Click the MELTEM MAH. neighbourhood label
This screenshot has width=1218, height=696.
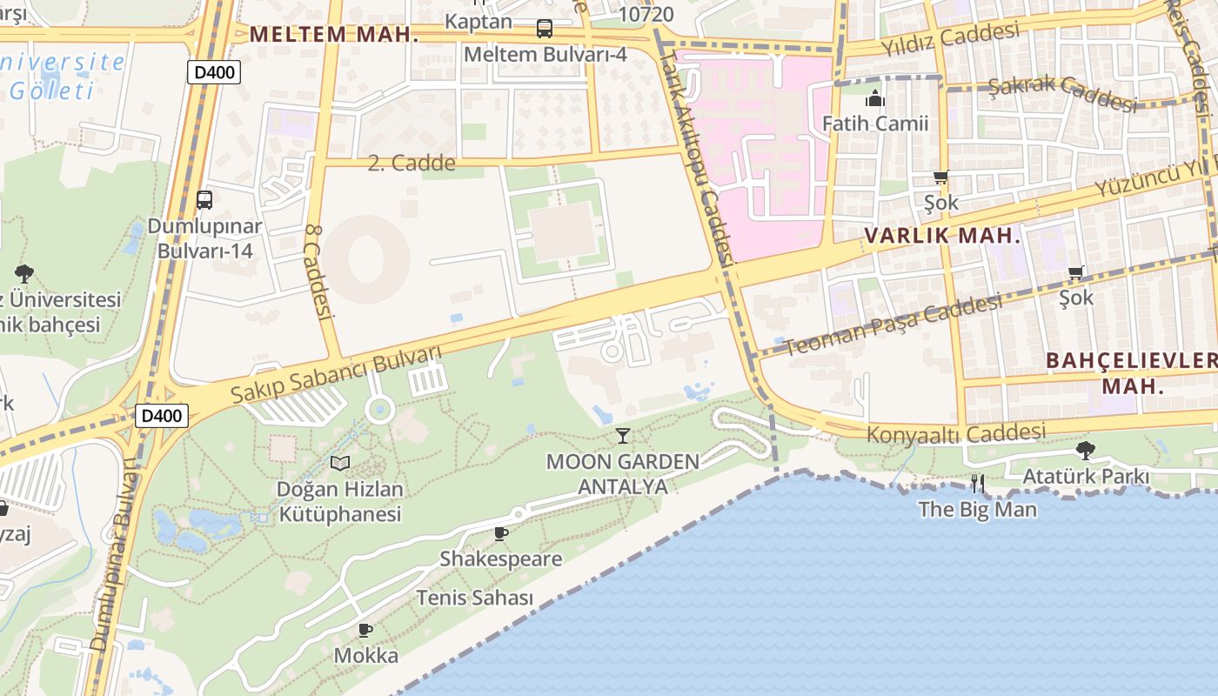[x=334, y=35]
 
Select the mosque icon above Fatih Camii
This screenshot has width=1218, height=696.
[x=874, y=99]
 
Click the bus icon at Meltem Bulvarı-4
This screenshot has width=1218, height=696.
[x=545, y=29]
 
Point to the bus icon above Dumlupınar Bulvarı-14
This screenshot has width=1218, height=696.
[x=204, y=200]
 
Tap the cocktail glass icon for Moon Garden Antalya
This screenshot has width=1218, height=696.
[x=622, y=435]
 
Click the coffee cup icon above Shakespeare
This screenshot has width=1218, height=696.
[x=500, y=533]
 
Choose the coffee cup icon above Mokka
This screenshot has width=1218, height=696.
[x=365, y=630]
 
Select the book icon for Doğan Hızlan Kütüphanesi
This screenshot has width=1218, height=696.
[x=339, y=463]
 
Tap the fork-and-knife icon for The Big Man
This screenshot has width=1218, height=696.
[x=978, y=483]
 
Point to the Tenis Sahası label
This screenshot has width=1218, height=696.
[x=474, y=598]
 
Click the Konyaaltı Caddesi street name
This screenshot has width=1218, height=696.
[x=956, y=432]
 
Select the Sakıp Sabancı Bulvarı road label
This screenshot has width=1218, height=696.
[x=336, y=375]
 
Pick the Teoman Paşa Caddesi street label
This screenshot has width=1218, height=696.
[x=893, y=325]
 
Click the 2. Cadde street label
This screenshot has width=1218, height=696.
[x=412, y=163]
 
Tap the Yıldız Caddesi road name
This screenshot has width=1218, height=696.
[x=949, y=39]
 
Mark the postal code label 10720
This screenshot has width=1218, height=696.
[x=646, y=14]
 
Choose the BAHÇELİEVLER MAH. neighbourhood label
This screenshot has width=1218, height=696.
[x=1132, y=372]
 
